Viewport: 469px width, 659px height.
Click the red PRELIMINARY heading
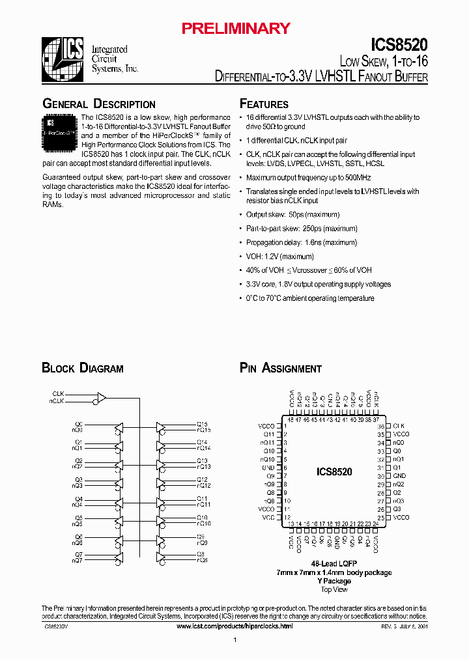pos(235,28)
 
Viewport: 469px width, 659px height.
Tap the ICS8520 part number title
pos(399,45)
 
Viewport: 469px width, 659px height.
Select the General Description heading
pos(99,104)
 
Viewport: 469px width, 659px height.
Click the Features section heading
pos(264,104)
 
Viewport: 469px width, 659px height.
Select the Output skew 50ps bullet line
pos(292,214)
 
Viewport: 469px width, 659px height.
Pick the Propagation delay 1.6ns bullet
pos(301,242)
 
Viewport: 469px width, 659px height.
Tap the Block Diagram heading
pos(83,369)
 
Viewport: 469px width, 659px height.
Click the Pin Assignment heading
pos(281,369)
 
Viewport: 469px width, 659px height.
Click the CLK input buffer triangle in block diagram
pos(101,397)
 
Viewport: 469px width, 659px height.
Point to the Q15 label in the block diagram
pos(202,425)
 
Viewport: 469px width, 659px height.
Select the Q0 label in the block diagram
pos(79,425)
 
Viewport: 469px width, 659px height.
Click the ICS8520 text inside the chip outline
pos(334,472)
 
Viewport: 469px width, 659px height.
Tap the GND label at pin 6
pos(268,468)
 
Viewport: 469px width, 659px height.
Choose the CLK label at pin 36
pos(399,426)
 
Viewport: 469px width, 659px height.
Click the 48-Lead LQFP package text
pos(334,563)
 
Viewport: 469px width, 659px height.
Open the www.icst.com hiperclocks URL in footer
pos(235,626)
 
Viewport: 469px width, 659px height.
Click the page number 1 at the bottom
pos(234,641)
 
